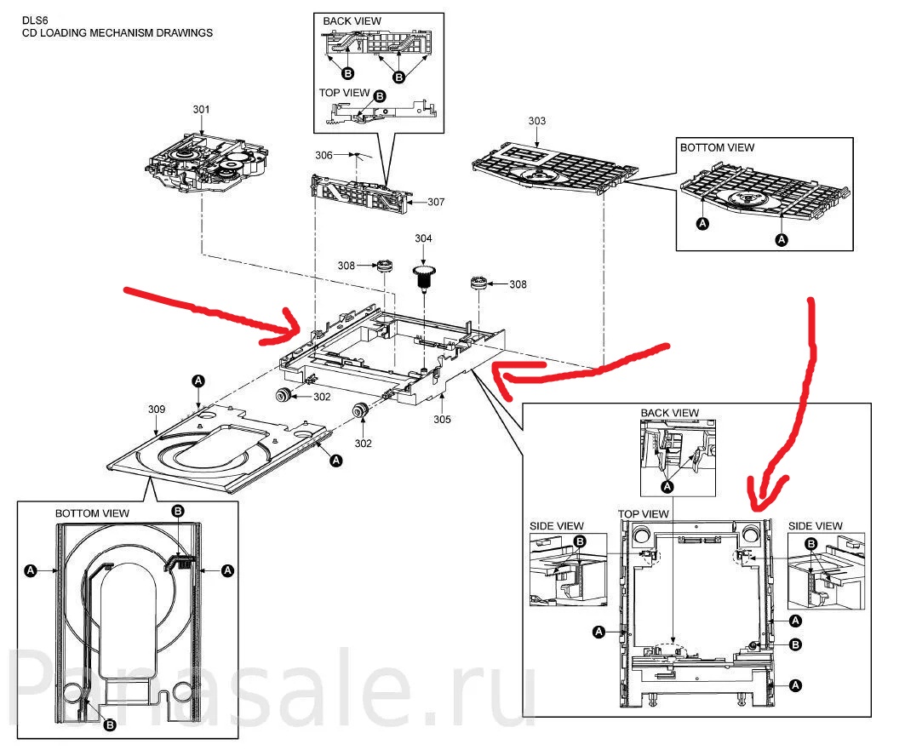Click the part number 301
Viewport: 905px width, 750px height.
201,110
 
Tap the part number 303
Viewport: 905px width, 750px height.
536,121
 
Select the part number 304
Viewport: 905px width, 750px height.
423,238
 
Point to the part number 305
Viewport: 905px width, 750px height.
442,419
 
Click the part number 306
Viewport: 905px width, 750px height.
324,156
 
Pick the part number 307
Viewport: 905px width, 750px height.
437,202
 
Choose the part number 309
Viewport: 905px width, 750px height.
157,409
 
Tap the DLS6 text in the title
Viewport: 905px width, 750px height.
35,20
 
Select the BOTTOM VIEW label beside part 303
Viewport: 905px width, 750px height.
717,147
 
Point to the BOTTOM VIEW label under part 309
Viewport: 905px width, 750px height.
92,513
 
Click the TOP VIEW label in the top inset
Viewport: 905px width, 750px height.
345,92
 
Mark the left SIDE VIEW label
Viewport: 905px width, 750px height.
557,526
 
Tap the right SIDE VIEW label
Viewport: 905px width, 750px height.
816,526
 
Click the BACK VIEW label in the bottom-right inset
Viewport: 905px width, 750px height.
669,413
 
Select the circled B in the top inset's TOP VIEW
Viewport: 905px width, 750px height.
380,96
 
